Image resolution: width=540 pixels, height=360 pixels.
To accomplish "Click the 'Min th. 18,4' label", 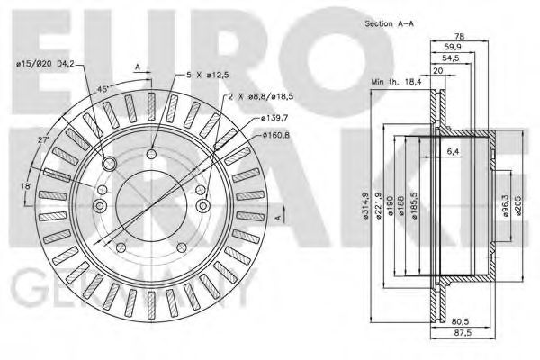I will pos(397,82).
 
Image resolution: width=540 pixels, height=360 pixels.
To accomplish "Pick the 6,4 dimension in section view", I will pos(454,152).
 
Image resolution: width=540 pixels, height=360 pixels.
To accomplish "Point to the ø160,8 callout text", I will pos(274,135).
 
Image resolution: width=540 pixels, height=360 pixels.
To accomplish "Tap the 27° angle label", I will pos(41,142).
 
